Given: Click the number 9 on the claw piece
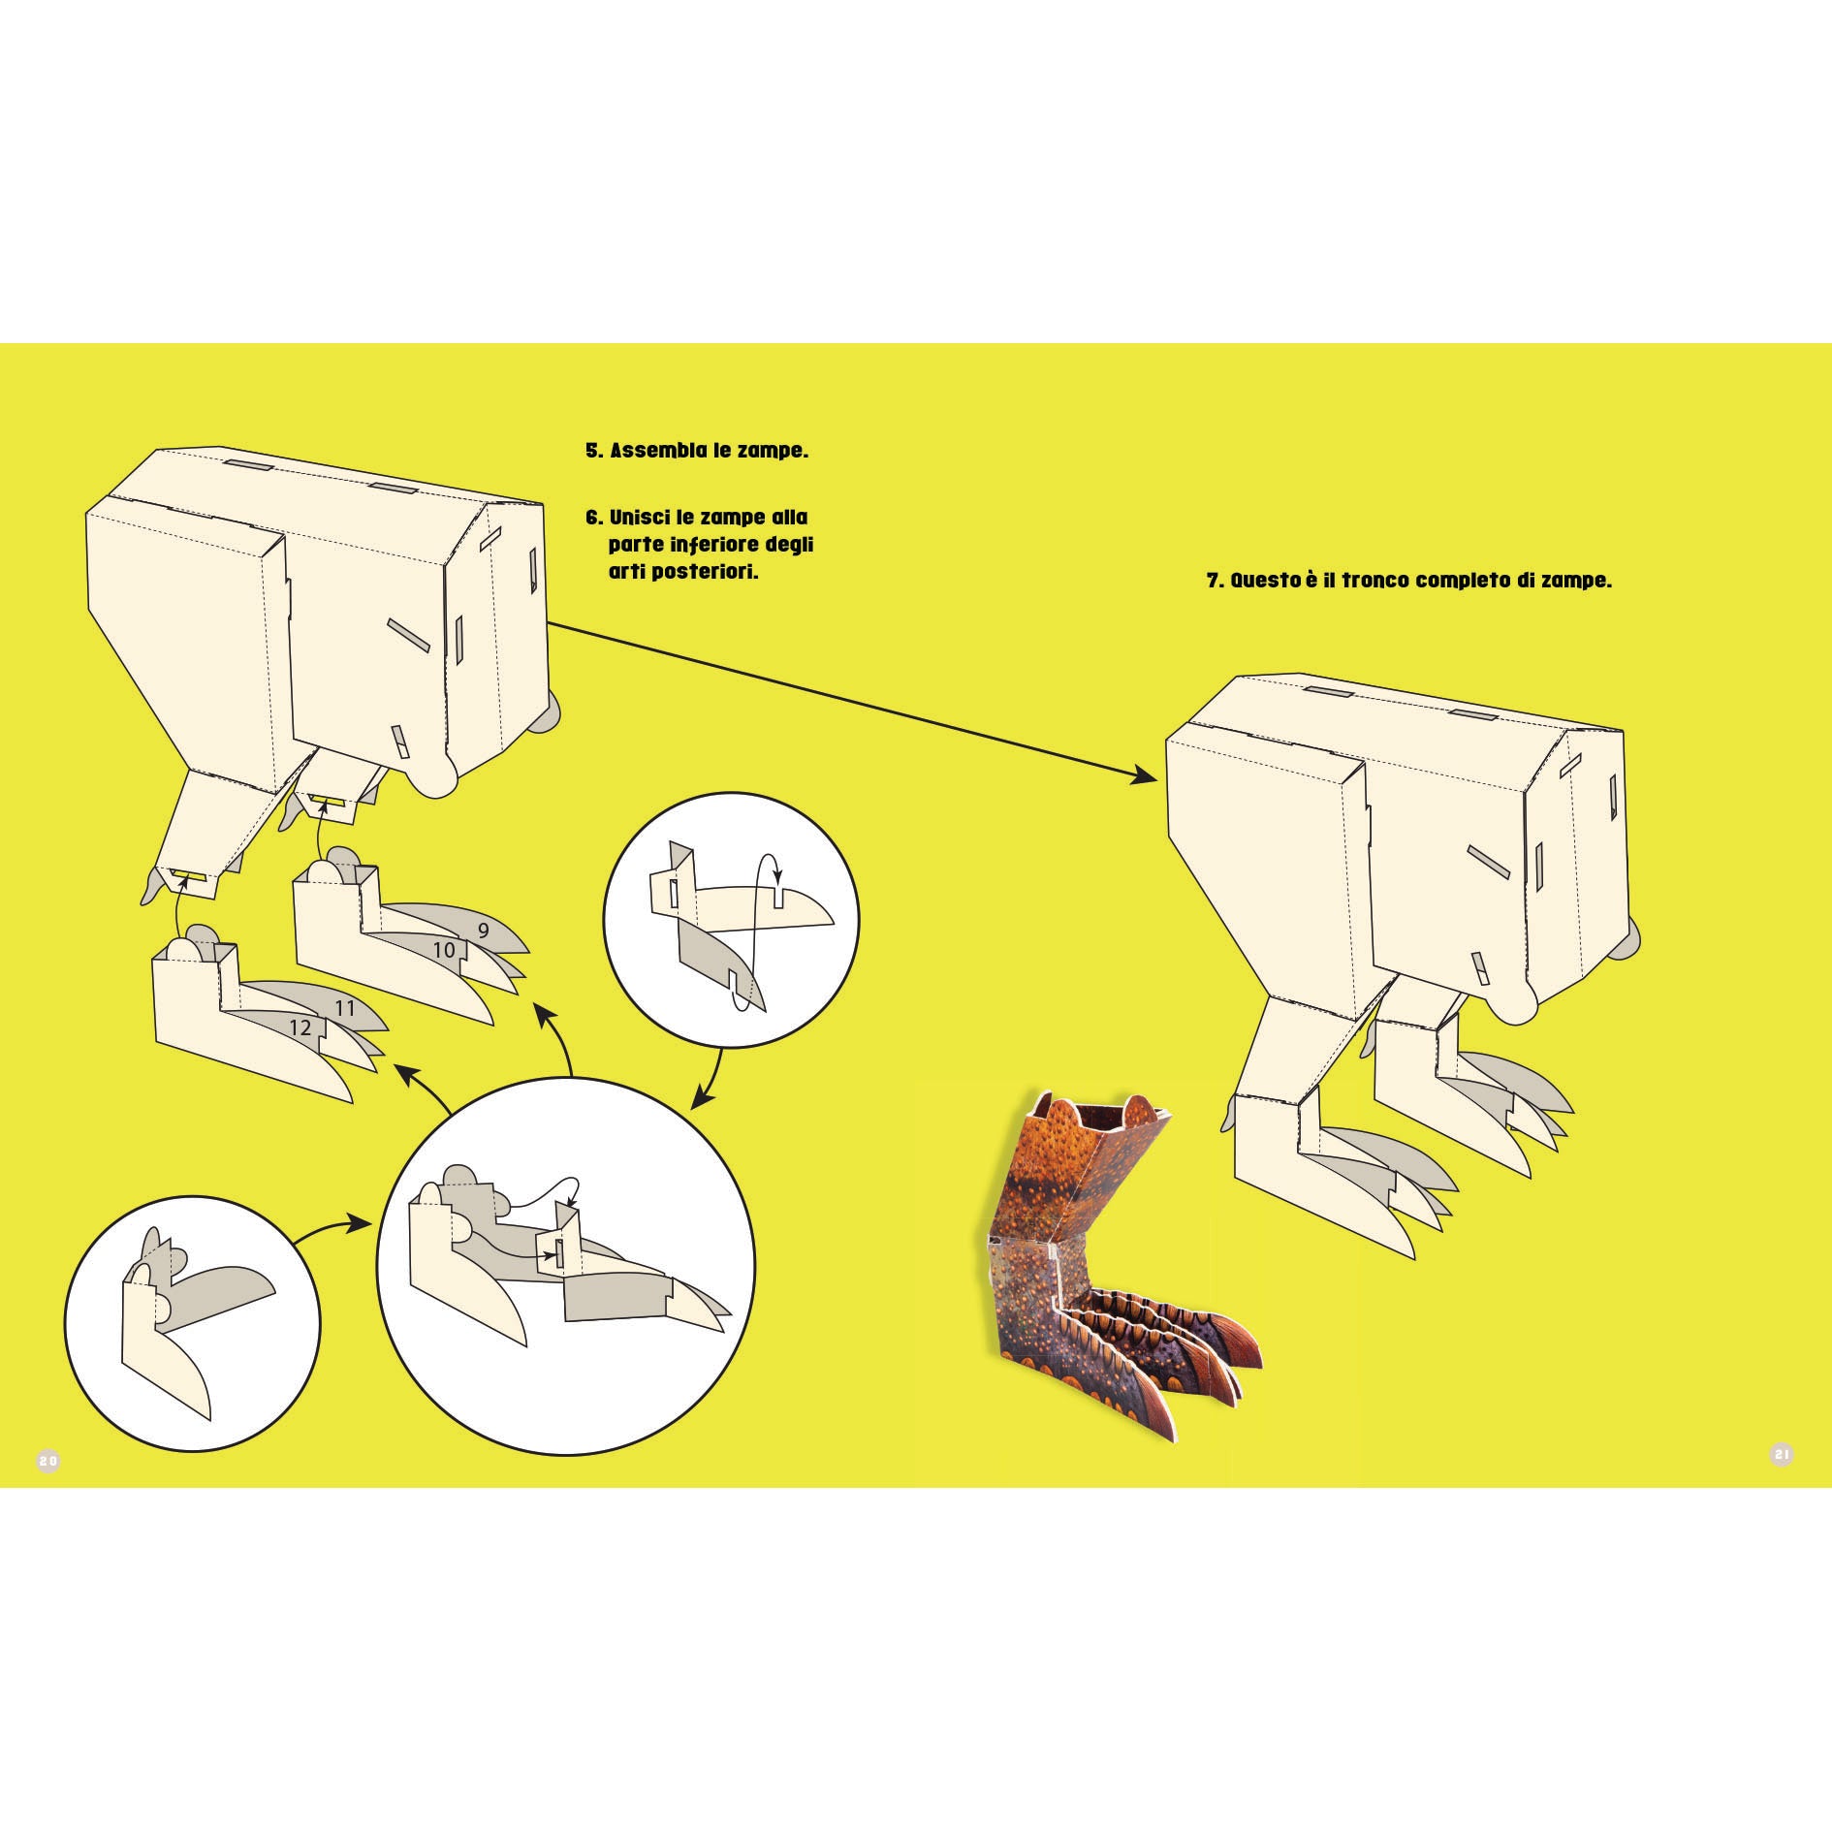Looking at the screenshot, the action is click(484, 931).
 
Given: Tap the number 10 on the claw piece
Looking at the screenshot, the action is click(444, 950).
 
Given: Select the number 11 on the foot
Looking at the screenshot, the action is click(345, 1008).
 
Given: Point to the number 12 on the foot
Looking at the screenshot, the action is click(300, 1027).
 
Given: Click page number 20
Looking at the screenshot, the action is click(48, 1487).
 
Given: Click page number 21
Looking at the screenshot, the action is click(1782, 1481).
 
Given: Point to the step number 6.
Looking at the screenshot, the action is click(593, 517).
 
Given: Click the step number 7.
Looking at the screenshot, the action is click(1215, 582).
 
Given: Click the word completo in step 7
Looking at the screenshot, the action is click(1477, 582).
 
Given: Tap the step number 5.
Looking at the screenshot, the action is click(593, 452).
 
